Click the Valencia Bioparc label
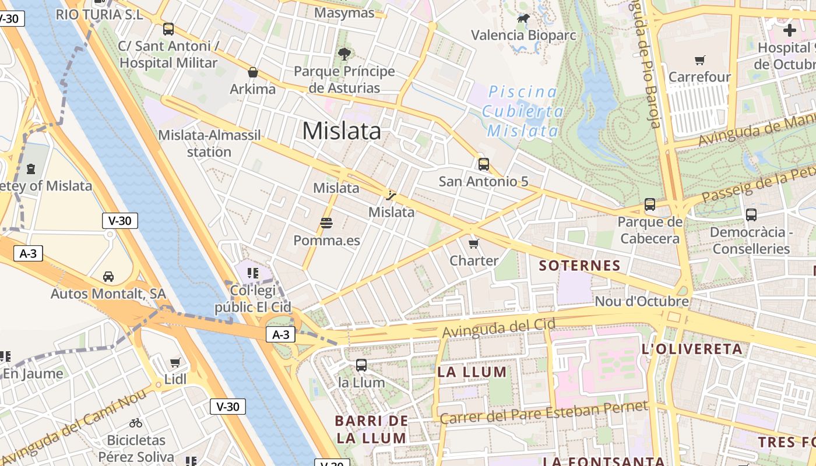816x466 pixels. click(x=523, y=35)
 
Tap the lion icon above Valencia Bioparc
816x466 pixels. click(x=523, y=19)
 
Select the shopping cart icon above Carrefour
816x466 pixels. click(x=700, y=60)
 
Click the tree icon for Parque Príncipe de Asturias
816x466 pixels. click(x=344, y=54)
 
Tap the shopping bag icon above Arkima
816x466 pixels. click(x=253, y=72)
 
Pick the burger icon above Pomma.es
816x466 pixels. click(x=326, y=223)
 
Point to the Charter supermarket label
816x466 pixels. click(x=474, y=260)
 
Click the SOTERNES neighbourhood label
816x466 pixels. click(x=579, y=266)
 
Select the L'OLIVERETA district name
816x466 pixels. click(x=692, y=349)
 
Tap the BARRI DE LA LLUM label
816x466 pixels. click(x=371, y=429)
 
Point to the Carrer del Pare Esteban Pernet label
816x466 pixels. click(x=543, y=412)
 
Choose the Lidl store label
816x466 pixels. click(x=175, y=379)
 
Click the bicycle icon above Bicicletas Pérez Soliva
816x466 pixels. click(x=136, y=423)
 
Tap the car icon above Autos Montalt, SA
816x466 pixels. click(x=108, y=276)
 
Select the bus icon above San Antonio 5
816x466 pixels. click(x=483, y=164)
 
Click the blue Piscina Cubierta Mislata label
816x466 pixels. click(x=523, y=111)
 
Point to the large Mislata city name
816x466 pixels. click(x=342, y=130)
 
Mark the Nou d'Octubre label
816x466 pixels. click(x=641, y=302)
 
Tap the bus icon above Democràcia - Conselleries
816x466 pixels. click(x=751, y=215)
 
